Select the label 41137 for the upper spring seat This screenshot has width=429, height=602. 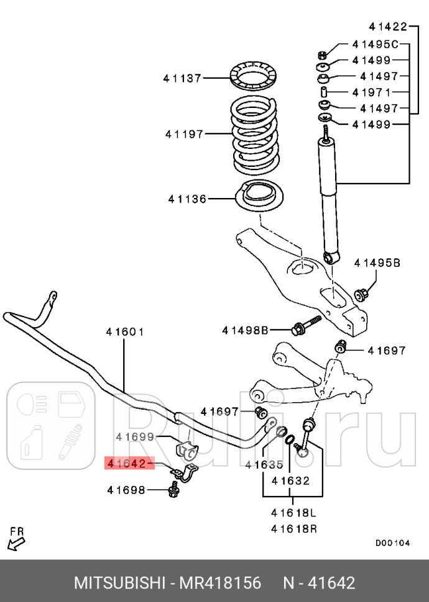pyautogui.click(x=182, y=78)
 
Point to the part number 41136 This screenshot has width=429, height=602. pyautogui.click(x=187, y=199)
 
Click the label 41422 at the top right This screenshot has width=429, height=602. pyautogui.click(x=387, y=26)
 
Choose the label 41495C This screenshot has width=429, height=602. pyautogui.click(x=375, y=44)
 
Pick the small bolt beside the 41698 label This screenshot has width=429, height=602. pyautogui.click(x=172, y=492)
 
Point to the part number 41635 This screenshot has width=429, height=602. pyautogui.click(x=264, y=464)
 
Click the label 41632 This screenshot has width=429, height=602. pyautogui.click(x=290, y=480)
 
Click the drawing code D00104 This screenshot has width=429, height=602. pyautogui.click(x=392, y=542)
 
